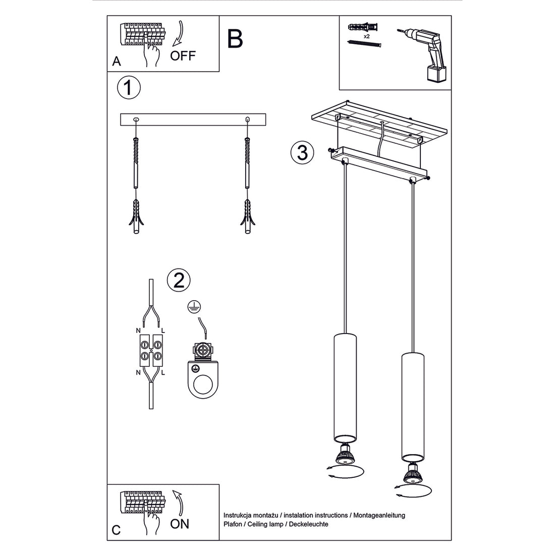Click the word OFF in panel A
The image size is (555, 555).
click(182, 55)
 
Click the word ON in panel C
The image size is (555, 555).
click(180, 524)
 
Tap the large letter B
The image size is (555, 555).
click(235, 38)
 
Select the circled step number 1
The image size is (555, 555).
click(129, 88)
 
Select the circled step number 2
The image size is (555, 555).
click(179, 280)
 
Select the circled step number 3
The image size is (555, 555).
click(302, 152)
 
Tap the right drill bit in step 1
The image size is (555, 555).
click(247, 156)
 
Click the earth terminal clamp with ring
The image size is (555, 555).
click(202, 371)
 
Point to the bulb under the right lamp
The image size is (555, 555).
click(413, 473)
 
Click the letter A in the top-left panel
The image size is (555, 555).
click(117, 62)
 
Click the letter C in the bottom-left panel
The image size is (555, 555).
click(116, 530)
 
